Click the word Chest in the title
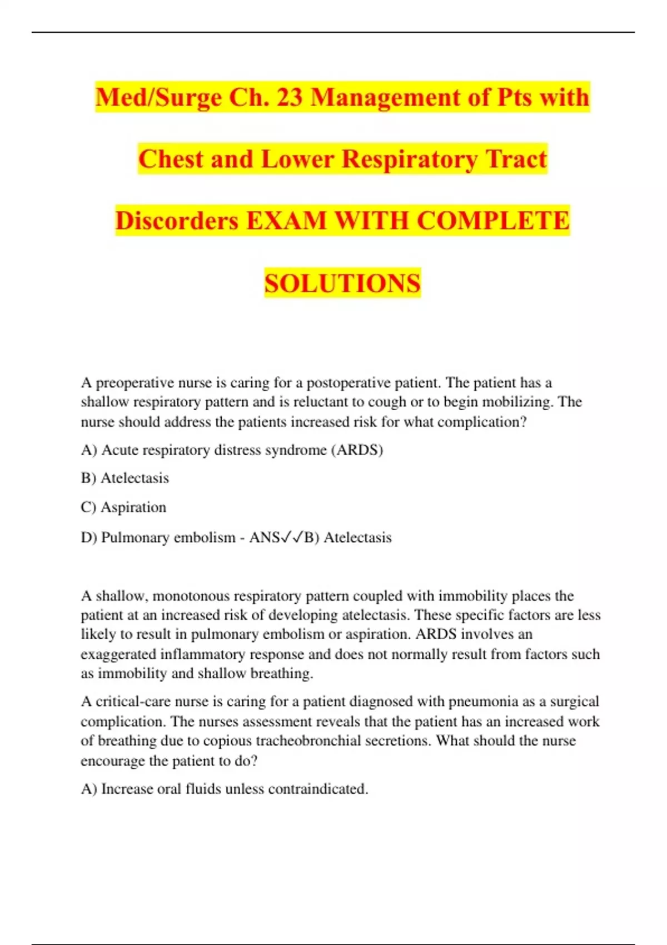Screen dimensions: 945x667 171,159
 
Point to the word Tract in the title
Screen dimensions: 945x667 516,159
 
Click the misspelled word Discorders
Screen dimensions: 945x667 177,221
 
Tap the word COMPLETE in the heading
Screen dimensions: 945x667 493,221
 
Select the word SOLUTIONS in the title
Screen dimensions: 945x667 342,283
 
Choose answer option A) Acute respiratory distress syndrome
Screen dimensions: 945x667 232,450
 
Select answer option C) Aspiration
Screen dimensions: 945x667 123,507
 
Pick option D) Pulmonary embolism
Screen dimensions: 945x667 158,538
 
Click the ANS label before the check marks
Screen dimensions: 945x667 265,538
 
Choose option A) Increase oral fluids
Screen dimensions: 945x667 225,789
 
